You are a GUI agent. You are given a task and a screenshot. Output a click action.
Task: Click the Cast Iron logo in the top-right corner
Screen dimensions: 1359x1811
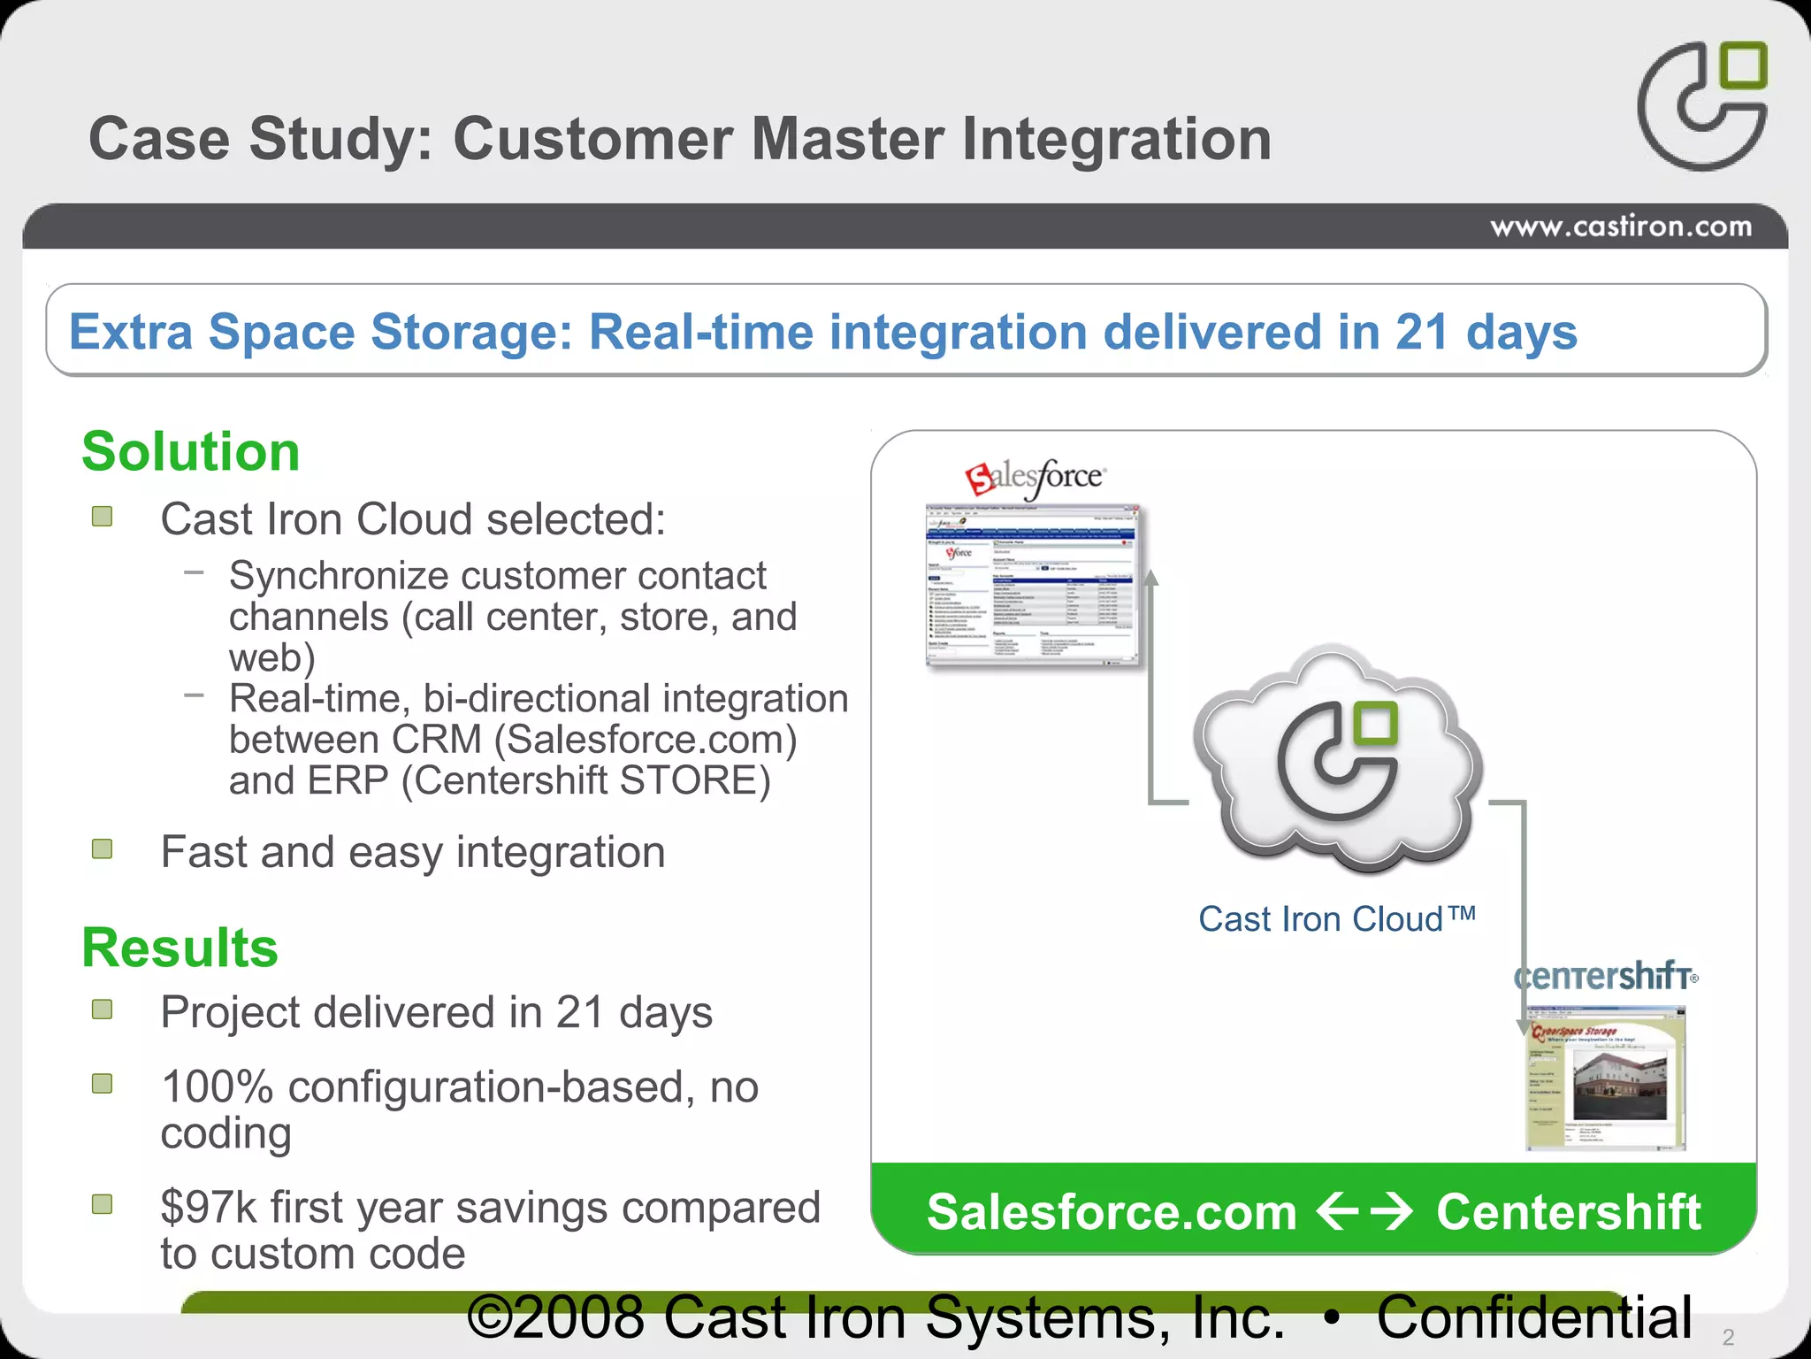tap(1701, 105)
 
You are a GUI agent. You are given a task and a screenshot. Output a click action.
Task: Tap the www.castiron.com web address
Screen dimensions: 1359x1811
tap(1620, 226)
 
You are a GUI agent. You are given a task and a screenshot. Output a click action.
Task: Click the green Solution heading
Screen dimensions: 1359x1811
tap(191, 451)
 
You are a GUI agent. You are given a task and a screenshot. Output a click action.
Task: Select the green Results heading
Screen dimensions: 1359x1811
tap(180, 948)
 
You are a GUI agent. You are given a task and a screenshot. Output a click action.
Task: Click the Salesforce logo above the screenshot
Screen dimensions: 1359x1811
tap(1035, 479)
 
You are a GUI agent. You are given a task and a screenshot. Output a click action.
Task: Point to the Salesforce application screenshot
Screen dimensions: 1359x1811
tap(1033, 586)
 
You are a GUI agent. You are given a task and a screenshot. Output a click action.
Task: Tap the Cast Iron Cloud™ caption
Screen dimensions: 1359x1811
tap(1336, 919)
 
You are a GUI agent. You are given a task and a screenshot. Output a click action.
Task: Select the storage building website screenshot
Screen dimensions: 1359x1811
tap(1606, 1079)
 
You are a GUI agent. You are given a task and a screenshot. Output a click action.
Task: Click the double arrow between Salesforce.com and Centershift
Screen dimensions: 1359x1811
tap(1364, 1211)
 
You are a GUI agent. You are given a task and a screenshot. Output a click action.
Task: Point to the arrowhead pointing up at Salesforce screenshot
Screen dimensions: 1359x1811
tap(1150, 578)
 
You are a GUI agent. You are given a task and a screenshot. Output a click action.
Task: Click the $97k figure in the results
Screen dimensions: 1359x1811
tap(210, 1208)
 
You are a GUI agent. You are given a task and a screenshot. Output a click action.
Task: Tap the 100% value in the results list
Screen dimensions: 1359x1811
tap(217, 1086)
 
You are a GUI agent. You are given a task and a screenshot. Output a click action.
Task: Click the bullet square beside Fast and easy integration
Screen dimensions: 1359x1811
tap(103, 849)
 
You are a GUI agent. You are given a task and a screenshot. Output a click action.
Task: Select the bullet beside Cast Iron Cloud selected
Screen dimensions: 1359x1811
tap(103, 516)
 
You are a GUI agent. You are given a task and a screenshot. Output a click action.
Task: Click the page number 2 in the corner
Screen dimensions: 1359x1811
tap(1728, 1337)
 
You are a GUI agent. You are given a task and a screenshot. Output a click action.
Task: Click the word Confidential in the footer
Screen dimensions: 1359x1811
tap(1534, 1317)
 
